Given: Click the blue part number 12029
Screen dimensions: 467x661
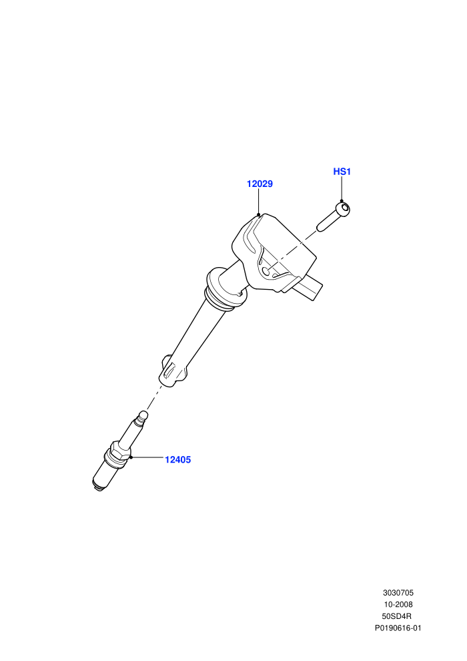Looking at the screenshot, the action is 260,184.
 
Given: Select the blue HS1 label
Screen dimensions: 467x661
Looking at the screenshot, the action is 342,172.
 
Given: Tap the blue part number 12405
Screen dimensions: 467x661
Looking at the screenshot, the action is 177,460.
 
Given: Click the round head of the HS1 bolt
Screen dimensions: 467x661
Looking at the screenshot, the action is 344,209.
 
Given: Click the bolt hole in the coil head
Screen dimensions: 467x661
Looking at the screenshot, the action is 266,271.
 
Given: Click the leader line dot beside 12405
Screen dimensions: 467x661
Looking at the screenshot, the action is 131,457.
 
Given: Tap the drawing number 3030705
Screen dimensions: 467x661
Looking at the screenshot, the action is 398,593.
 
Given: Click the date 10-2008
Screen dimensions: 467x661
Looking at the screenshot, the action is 398,604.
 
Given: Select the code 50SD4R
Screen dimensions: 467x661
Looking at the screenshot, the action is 397,616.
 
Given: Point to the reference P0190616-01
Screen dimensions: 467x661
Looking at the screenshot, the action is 398,628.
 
